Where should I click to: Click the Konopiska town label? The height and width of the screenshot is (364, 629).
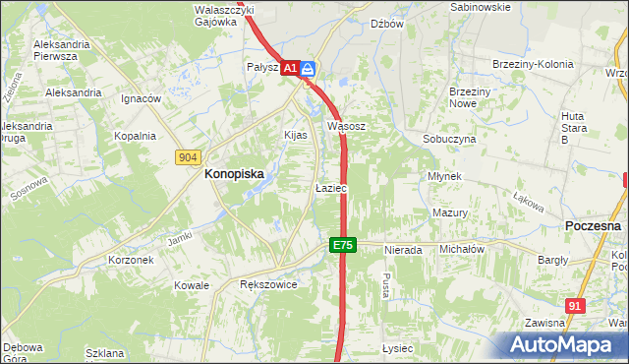tap(233, 173)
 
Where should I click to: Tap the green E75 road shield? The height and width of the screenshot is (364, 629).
tap(341, 245)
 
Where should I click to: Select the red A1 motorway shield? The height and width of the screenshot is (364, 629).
tap(290, 68)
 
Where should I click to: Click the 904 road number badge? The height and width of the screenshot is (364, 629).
tap(189, 156)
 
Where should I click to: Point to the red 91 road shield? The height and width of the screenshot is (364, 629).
tap(576, 306)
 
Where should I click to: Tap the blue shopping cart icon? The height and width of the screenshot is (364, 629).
tap(308, 68)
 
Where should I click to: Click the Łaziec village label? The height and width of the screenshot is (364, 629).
tap(330, 187)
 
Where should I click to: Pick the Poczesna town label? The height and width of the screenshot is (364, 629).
tap(595, 225)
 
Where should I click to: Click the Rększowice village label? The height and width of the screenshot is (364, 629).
tap(268, 284)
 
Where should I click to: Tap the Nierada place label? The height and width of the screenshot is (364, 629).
tap(403, 250)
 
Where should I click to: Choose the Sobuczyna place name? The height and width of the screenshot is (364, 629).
tap(449, 140)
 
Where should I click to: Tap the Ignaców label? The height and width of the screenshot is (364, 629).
tap(141, 99)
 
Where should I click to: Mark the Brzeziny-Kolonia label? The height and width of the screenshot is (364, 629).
tap(532, 65)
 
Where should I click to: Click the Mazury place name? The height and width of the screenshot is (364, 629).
tap(449, 212)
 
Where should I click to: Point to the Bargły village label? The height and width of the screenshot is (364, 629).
tap(553, 261)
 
